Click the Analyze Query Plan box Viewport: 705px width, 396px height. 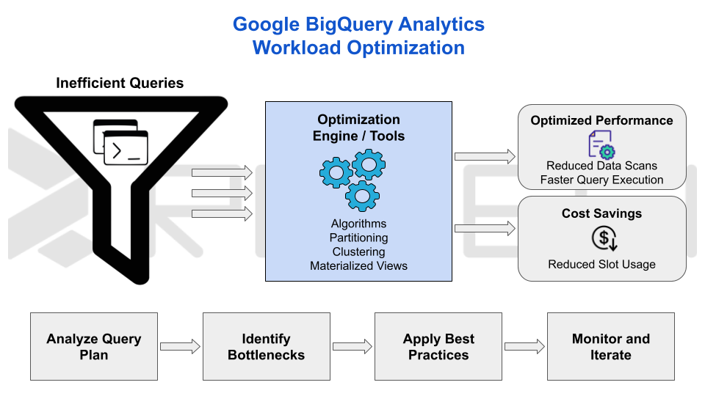pos(94,346)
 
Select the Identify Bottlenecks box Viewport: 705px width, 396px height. pos(266,346)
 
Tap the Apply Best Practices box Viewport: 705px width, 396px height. pos(438,346)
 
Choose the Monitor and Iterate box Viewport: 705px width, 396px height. pos(610,346)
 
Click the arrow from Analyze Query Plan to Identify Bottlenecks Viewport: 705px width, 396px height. pos(180,347)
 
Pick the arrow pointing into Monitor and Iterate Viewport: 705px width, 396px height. pos(524,347)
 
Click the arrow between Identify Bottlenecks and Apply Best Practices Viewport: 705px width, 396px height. pos(352,347)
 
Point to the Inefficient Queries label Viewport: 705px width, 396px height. pos(120,83)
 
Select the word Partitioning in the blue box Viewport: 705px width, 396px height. pos(358,238)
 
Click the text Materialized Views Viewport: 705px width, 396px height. pos(358,266)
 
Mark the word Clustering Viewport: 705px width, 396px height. pos(358,252)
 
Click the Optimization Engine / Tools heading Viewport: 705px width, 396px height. pos(358,128)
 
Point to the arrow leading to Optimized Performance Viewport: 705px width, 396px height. pos(485,156)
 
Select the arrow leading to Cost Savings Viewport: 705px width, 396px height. pos(485,229)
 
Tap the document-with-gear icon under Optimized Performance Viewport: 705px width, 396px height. pos(601,144)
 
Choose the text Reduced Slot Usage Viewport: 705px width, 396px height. pos(601,264)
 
